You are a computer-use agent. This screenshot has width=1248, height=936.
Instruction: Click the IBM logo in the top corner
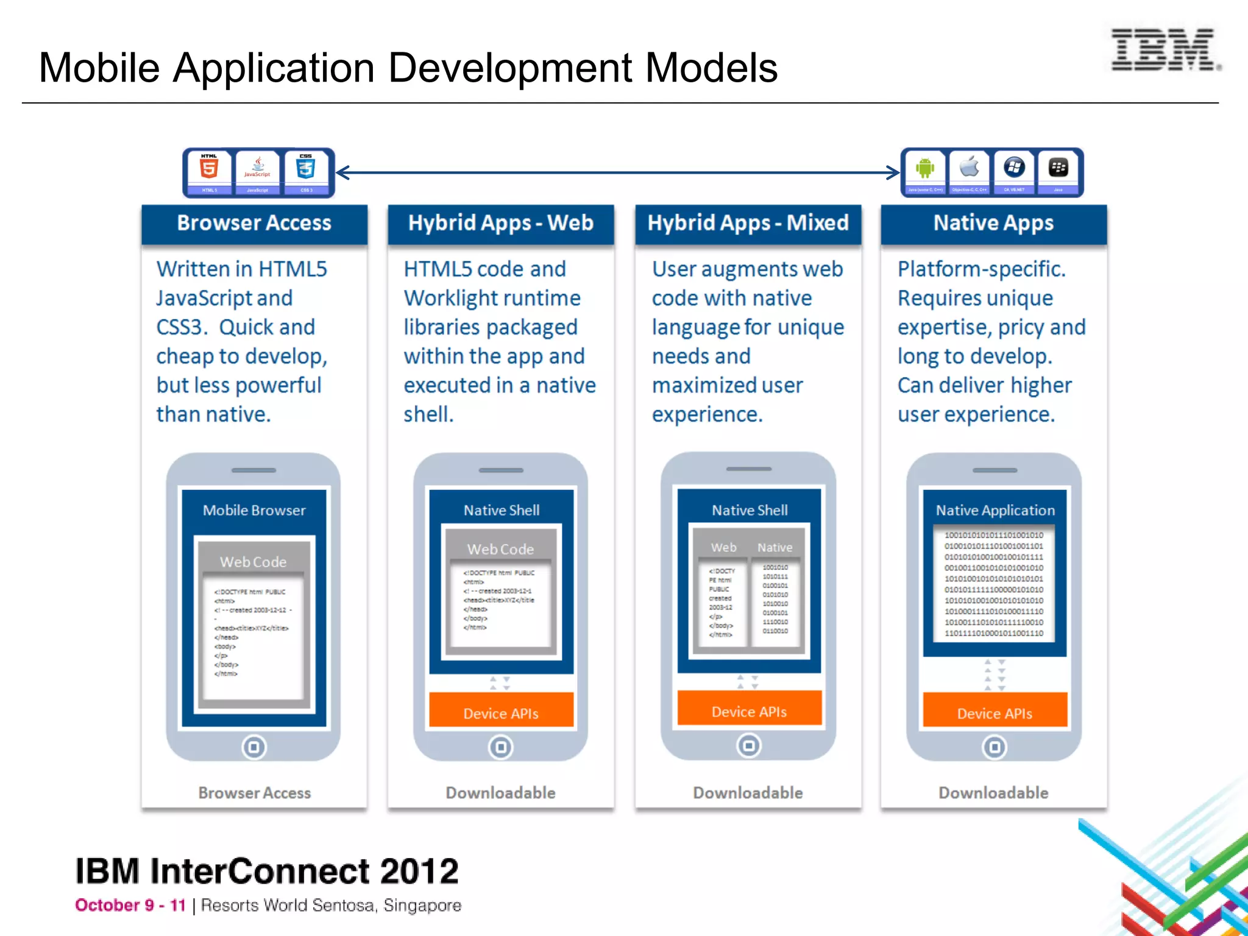[1165, 50]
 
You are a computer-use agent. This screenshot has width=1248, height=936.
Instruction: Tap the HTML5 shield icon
[209, 167]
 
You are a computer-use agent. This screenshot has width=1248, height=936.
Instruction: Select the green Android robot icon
[925, 168]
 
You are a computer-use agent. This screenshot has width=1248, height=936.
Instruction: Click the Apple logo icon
[970, 166]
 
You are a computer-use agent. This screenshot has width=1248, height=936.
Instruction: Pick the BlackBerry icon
[1058, 167]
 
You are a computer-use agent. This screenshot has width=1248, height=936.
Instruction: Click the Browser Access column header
[254, 223]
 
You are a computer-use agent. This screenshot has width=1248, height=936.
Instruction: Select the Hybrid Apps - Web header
[500, 223]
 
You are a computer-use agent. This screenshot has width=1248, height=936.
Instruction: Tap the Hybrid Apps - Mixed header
[748, 223]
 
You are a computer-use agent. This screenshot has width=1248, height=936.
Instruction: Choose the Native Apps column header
[993, 223]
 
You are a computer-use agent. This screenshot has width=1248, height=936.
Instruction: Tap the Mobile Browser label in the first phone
[254, 511]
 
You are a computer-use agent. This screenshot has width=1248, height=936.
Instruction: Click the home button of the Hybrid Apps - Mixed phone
[749, 745]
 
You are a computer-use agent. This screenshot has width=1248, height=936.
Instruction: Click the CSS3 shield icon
[306, 167]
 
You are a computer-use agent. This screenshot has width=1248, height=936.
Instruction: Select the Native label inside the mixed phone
[775, 548]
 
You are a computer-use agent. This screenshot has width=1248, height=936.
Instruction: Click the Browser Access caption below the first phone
[254, 793]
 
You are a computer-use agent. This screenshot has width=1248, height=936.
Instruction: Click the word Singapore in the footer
[422, 906]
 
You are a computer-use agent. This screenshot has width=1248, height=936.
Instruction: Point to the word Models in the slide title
[711, 68]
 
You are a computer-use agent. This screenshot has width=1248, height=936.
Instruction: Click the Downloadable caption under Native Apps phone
[993, 793]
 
